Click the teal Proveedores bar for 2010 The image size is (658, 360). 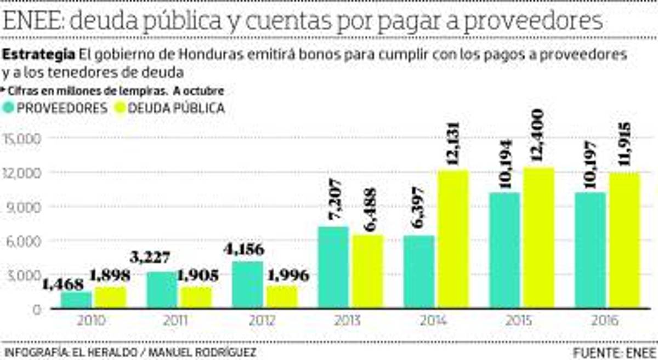pos(76,300)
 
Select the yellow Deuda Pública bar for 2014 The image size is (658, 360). pos(453,239)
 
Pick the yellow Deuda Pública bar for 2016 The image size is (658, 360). pos(623,241)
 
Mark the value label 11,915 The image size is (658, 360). pos(623,147)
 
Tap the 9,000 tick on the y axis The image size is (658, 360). pos(23,207)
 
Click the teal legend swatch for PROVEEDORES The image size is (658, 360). pos(8,108)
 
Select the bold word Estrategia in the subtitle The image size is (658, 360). pos(39,55)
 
